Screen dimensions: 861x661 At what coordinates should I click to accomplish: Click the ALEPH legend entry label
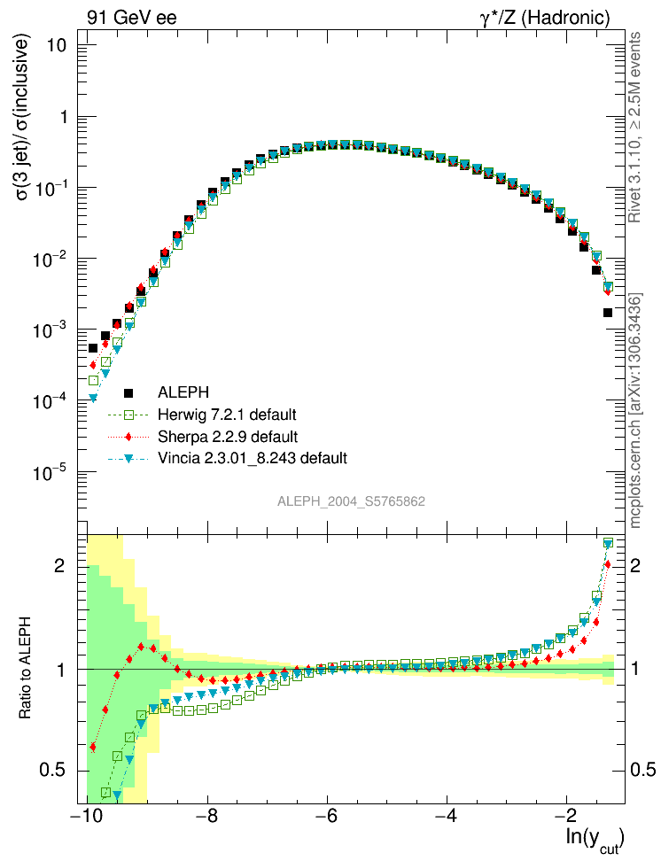183,392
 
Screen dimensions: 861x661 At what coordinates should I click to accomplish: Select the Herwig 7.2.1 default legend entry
227,415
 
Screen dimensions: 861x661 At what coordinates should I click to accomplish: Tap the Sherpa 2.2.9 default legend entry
226,437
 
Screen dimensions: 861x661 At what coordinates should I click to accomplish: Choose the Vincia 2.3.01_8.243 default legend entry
252,459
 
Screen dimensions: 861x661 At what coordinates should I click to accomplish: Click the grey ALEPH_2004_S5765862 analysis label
352,501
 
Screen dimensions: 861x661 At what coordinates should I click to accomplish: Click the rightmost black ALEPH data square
608,313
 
